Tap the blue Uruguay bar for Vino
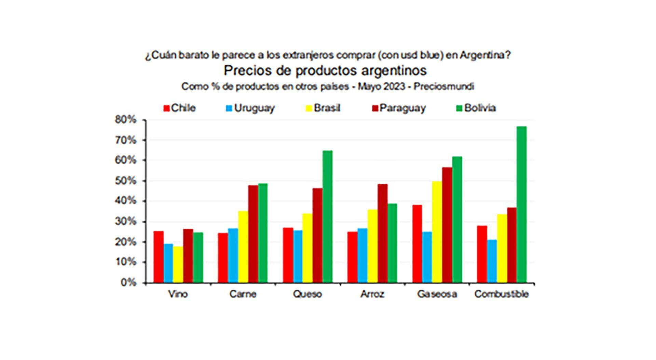pos(168,263)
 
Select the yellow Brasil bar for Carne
pos(243,247)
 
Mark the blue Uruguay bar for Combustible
pos(492,261)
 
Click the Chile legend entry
pos(180,108)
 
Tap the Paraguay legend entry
pos(398,108)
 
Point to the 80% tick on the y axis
pos(126,120)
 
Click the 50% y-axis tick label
pos(126,181)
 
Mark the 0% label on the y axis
pos(128,283)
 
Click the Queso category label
pos(307,294)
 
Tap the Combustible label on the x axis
pos(501,294)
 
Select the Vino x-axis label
pos(178,294)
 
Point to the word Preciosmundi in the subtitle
pos(443,86)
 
